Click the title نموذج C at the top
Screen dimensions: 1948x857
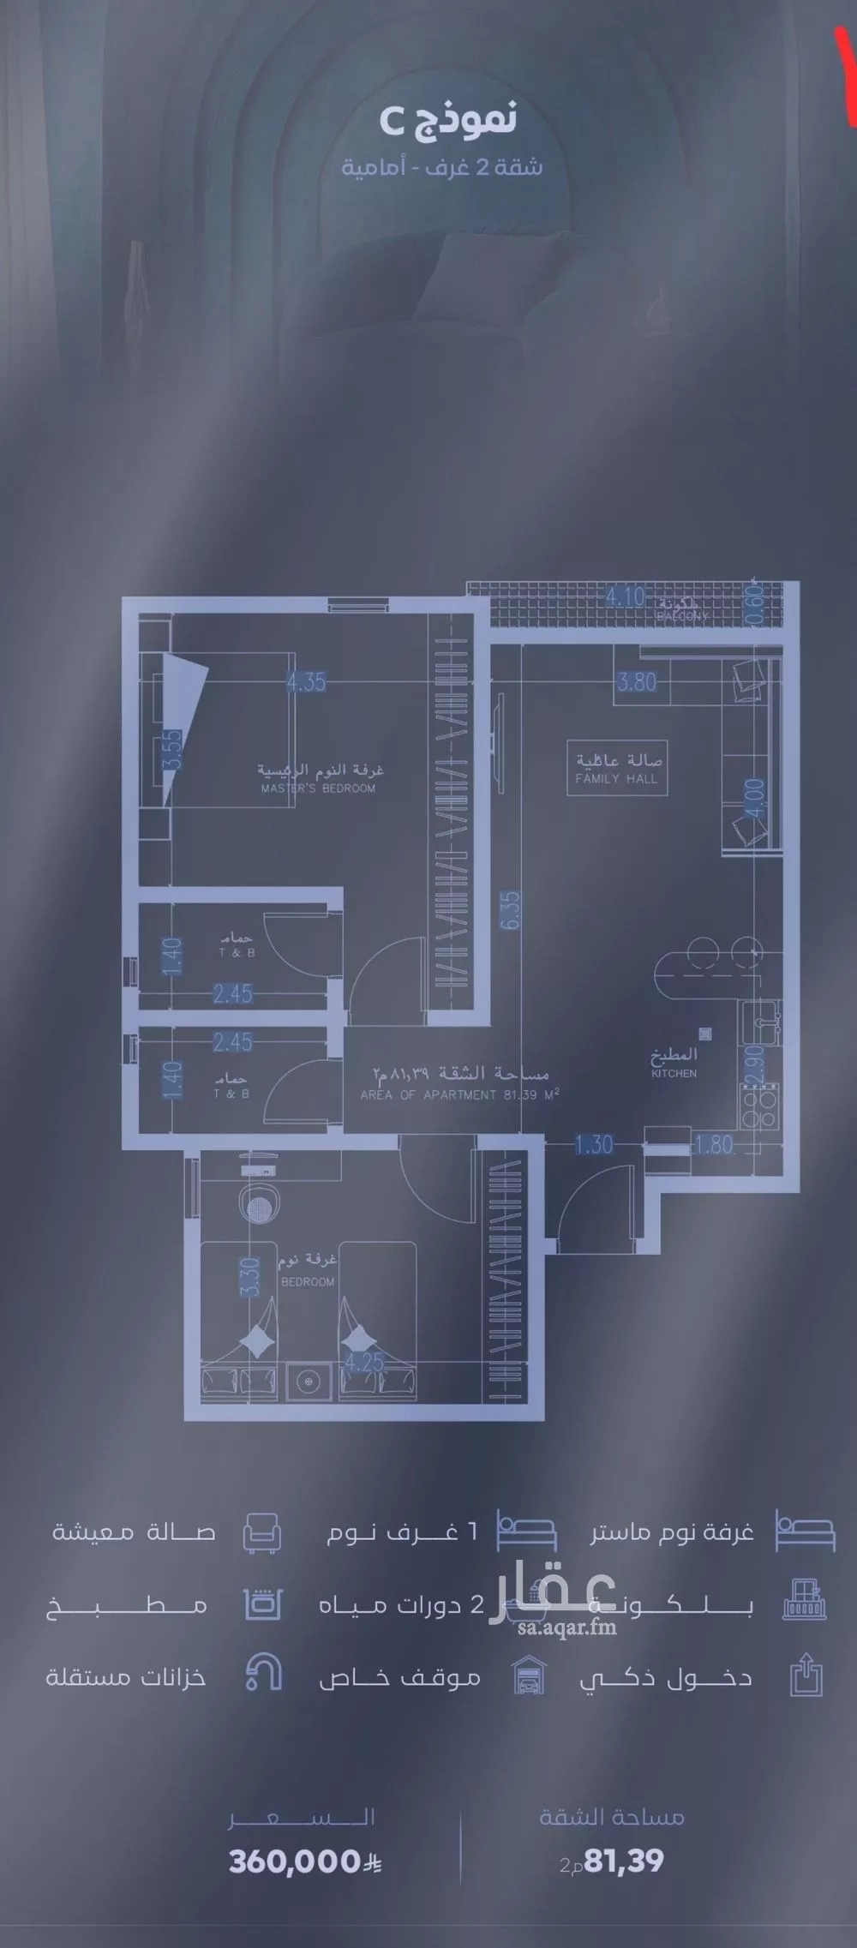447,121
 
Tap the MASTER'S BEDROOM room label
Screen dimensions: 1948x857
318,788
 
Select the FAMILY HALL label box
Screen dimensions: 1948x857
617,770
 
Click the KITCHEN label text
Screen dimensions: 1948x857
674,1073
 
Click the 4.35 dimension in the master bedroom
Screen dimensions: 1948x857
306,682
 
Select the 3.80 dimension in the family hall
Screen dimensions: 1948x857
637,682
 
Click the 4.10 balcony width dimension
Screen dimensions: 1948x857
625,596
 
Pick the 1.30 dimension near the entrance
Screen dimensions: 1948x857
594,1144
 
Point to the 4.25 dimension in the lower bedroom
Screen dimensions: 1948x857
363,1362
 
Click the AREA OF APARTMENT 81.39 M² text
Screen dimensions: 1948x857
460,1094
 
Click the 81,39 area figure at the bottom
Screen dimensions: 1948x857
623,1861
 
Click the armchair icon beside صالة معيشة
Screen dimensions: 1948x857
261,1531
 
